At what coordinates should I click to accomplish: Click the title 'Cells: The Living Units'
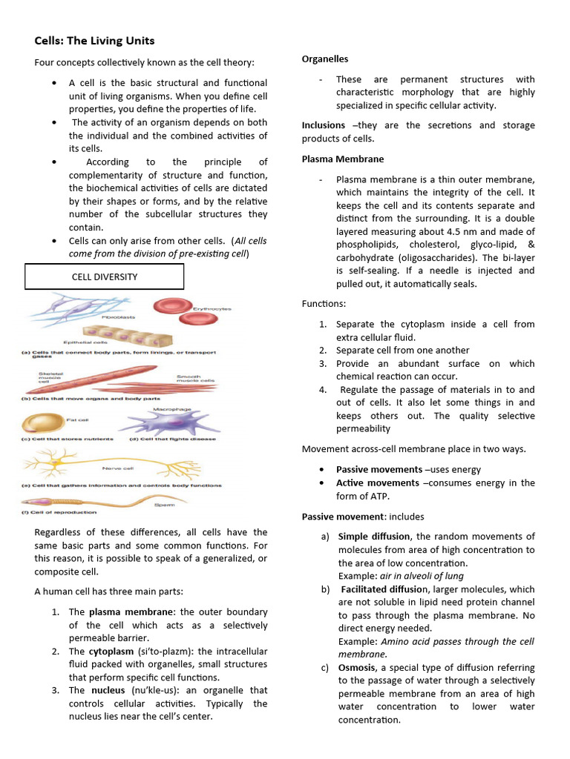(x=94, y=41)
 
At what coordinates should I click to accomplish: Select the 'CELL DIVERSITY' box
(x=104, y=276)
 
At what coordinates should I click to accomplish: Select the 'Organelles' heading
(x=324, y=59)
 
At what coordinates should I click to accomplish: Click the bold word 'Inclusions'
(x=323, y=125)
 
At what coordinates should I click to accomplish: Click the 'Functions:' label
(x=324, y=304)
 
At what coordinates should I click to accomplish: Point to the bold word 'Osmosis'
(x=356, y=668)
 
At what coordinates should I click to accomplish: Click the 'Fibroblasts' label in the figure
(x=119, y=316)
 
